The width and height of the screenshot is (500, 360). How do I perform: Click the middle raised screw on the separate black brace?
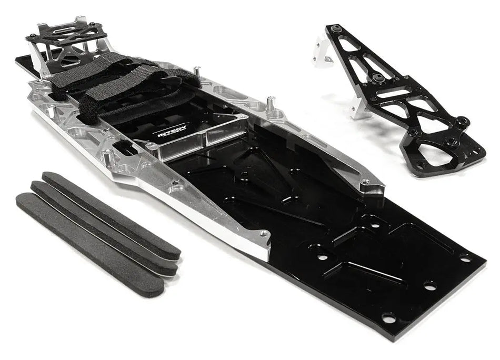pyautogui.click(x=379, y=78)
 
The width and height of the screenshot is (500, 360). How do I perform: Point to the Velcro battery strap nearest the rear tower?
pyautogui.click(x=87, y=74)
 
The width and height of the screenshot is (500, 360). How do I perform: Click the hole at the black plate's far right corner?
pyautogui.click(x=465, y=258)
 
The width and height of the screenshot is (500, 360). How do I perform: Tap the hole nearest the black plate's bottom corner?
pyautogui.click(x=389, y=318)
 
